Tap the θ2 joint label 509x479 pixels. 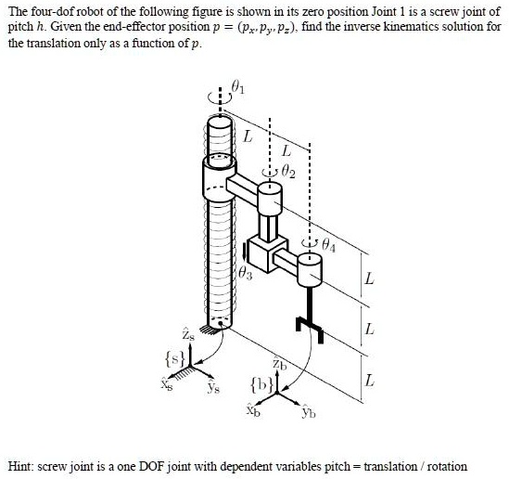288,169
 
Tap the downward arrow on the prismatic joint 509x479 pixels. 246,249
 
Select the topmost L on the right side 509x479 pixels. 371,278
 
